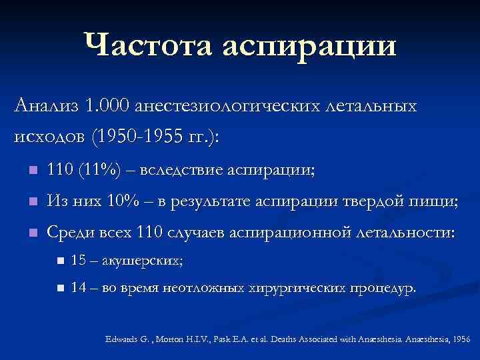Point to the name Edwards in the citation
(x=122, y=339)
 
